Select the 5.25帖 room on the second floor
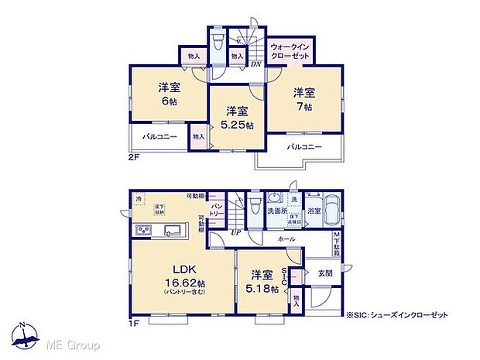[235, 118]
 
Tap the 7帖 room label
[303, 100]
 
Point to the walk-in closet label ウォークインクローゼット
[290, 52]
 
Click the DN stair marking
[255, 64]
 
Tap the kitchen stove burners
[145, 230]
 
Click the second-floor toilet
[218, 40]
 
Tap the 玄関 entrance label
[325, 273]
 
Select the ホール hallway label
[286, 241]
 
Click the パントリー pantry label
[218, 210]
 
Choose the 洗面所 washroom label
[277, 210]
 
